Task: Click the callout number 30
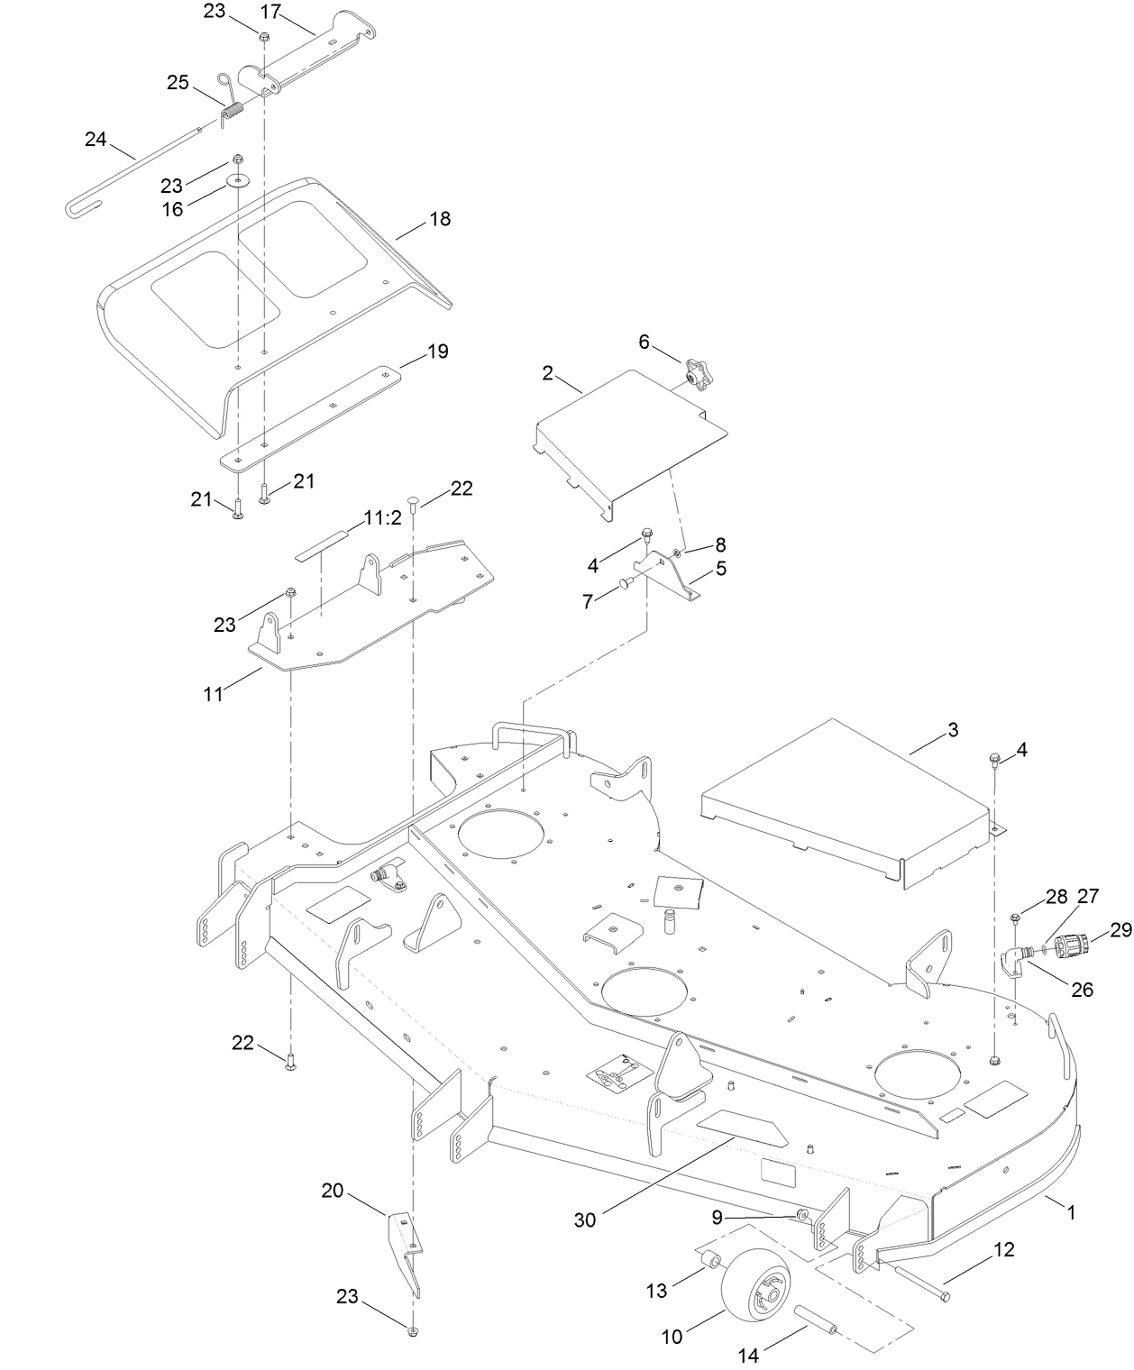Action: (585, 1219)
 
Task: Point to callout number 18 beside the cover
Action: (440, 219)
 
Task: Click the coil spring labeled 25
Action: (233, 113)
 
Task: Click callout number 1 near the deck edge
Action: (1071, 1213)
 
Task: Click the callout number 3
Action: (953, 729)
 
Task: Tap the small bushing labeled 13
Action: (709, 1258)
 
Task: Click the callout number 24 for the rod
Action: (96, 139)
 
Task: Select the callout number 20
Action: (333, 1191)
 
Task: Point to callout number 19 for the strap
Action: (437, 352)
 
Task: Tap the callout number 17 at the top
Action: (270, 12)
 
